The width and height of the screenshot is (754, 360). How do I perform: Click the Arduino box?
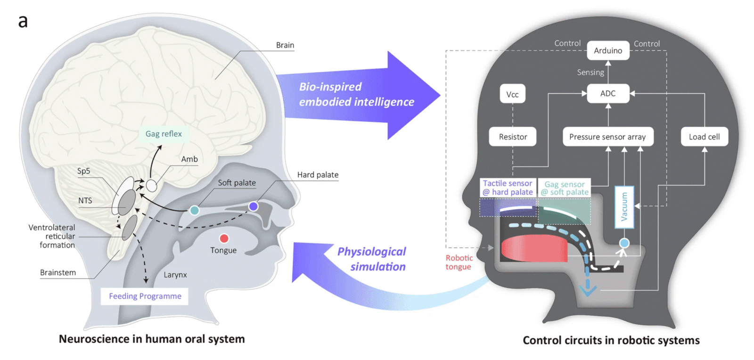click(608, 50)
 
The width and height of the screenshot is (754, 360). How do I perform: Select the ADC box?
click(608, 93)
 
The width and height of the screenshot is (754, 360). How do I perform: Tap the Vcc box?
click(512, 94)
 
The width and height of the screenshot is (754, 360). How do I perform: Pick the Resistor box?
click(513, 137)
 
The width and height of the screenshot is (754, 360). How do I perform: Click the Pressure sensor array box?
click(607, 137)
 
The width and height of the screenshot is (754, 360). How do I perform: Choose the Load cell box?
click(704, 137)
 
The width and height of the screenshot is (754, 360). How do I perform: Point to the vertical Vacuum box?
click(624, 207)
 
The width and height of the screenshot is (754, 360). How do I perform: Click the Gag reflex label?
click(164, 134)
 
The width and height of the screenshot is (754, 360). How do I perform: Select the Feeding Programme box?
click(145, 296)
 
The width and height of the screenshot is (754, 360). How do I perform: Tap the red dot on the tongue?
click(224, 238)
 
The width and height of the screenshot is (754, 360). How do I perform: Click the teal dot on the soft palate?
click(194, 210)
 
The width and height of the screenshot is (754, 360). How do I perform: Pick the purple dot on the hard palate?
click(254, 206)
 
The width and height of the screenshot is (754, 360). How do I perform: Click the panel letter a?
click(23, 21)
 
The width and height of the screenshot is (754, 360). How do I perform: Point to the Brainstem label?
click(58, 272)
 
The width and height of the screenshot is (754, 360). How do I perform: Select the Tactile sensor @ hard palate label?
click(508, 188)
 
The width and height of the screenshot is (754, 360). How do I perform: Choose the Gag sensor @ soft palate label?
click(565, 188)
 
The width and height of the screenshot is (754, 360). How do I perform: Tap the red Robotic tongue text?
click(459, 262)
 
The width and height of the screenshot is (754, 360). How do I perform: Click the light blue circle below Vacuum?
click(624, 243)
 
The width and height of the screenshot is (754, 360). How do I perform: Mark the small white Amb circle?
click(151, 185)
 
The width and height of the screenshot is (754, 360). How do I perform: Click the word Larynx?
click(175, 275)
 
